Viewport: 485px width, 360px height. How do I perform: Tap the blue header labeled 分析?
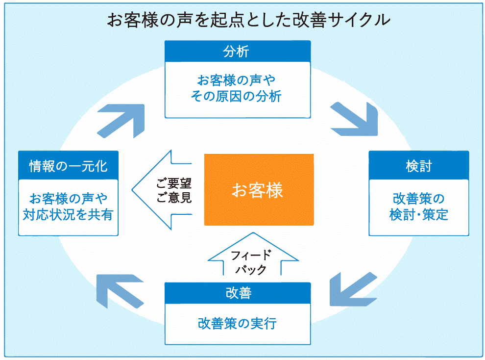pyautogui.click(x=237, y=51)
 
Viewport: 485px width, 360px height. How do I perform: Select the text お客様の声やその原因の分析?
pyautogui.click(x=237, y=88)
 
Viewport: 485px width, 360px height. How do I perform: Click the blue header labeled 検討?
pyautogui.click(x=418, y=166)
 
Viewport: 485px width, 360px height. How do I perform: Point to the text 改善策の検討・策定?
pyautogui.click(x=418, y=207)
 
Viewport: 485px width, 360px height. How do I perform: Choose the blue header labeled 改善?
pyautogui.click(x=238, y=293)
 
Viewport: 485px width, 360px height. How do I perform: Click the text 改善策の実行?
pyautogui.click(x=238, y=324)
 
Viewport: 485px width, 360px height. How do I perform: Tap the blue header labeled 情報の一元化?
pyautogui.click(x=68, y=166)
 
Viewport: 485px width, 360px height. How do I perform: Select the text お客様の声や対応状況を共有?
pyautogui.click(x=68, y=207)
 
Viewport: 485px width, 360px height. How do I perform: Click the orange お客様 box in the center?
pyautogui.click(x=258, y=190)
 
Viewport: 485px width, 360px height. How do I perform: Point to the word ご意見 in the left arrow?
pyautogui.click(x=174, y=198)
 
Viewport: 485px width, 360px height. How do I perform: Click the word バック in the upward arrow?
pyautogui.click(x=251, y=269)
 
